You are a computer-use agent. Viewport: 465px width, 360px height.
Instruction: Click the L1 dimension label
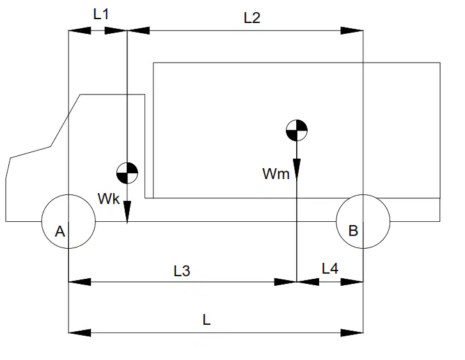101,14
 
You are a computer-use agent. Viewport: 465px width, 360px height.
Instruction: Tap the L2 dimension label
252,18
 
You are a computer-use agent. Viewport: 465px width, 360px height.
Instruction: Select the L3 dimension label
182,271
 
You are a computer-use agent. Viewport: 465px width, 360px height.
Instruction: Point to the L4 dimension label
330,269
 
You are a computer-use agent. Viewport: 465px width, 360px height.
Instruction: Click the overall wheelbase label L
207,320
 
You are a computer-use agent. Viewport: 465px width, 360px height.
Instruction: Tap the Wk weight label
109,199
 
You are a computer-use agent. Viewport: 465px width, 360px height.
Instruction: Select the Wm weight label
276,173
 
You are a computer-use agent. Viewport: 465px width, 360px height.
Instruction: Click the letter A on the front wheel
60,231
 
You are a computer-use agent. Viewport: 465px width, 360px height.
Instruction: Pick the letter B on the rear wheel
353,231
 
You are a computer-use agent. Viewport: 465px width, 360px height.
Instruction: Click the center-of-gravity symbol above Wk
127,173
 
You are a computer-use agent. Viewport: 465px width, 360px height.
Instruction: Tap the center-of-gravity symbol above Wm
297,130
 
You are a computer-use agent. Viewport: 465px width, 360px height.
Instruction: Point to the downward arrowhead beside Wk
127,212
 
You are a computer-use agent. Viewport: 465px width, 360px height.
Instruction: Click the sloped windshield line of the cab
65,120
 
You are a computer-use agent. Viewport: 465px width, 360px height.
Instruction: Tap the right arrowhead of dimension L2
352,31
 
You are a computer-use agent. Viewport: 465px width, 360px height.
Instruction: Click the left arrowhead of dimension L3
80,282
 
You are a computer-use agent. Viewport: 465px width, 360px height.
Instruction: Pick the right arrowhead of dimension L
352,333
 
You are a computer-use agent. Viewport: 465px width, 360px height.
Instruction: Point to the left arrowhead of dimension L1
80,31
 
